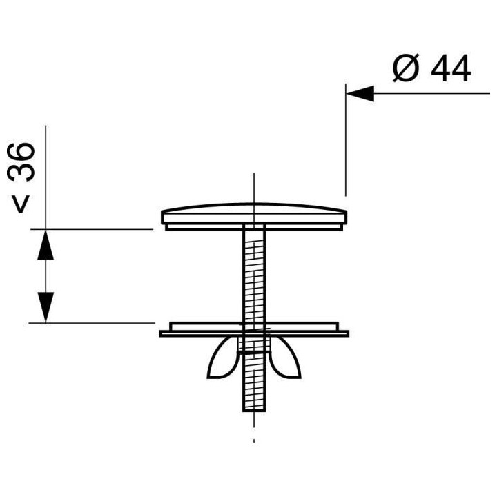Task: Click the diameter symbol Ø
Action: (407, 68)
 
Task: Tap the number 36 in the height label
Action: (24, 162)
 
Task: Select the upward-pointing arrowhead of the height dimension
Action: (46, 244)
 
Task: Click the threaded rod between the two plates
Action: (254, 276)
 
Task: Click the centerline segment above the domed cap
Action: (254, 186)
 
